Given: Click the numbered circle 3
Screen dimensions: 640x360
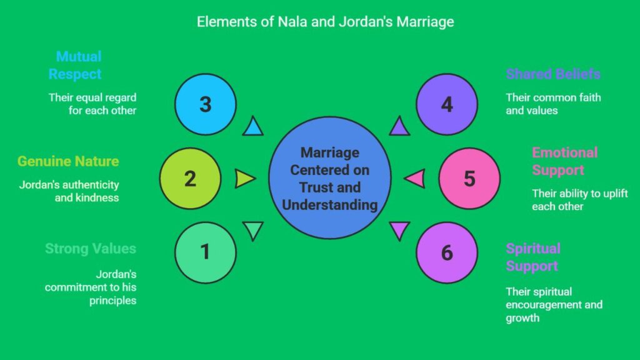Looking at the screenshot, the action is (206, 104).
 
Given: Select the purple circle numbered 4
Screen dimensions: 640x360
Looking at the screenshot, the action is (447, 104).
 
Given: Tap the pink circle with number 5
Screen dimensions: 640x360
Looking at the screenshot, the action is (469, 178).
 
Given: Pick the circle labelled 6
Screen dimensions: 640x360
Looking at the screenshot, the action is (447, 252).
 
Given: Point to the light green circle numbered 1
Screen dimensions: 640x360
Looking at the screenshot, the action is (206, 252).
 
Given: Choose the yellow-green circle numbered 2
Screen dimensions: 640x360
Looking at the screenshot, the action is (190, 178).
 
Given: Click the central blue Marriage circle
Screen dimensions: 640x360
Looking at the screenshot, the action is (330, 178).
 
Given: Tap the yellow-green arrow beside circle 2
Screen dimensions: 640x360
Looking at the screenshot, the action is (244, 179).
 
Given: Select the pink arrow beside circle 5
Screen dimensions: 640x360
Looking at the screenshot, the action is (415, 178).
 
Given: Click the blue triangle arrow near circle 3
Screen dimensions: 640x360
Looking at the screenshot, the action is (252, 127).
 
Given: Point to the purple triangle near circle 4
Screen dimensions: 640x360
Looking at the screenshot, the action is (399, 127).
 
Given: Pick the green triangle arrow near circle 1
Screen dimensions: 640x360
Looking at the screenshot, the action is (253, 230).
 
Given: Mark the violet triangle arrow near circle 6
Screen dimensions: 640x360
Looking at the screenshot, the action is (399, 230).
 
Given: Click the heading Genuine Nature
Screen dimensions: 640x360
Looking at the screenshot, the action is (68, 161).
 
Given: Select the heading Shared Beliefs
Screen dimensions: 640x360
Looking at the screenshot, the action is (553, 74).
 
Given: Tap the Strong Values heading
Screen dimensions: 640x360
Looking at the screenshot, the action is (91, 249).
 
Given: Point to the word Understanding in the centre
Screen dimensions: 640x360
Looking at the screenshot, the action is (330, 205).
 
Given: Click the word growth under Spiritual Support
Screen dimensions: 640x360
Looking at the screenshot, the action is (522, 318).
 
